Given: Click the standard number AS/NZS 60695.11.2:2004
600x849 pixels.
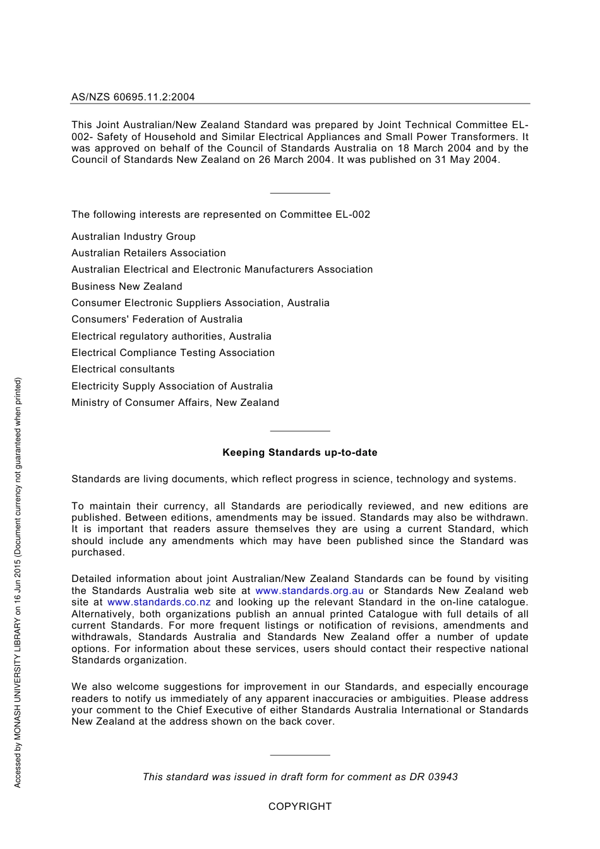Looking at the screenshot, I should point(133,97).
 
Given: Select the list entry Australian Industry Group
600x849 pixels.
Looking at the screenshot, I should point(133,237).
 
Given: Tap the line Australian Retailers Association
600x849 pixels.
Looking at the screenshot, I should point(148,253).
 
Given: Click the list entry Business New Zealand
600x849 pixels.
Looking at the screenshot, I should point(126,287).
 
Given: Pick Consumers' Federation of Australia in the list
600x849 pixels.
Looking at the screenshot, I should point(157,319).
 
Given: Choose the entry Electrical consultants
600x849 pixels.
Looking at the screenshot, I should point(123,369).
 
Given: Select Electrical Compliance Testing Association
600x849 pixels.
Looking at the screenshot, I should point(173,353).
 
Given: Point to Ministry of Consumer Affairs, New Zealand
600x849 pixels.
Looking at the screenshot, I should point(175,403).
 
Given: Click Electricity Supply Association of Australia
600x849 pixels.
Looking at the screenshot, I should point(172,386).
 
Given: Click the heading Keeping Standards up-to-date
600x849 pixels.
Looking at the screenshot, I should point(300,453).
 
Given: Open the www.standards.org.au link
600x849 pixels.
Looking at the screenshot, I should point(309,591).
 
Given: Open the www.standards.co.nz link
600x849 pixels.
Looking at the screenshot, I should point(159,602).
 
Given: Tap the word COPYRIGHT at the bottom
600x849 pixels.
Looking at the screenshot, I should point(300,807).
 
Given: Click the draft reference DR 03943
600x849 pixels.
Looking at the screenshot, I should point(433,777).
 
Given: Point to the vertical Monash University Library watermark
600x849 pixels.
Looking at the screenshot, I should point(18,582).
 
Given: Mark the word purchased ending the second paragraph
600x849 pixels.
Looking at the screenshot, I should point(98,552).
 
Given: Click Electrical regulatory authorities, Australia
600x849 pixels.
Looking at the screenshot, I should point(171,336).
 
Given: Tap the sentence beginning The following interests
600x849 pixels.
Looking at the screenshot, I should point(220,215).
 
